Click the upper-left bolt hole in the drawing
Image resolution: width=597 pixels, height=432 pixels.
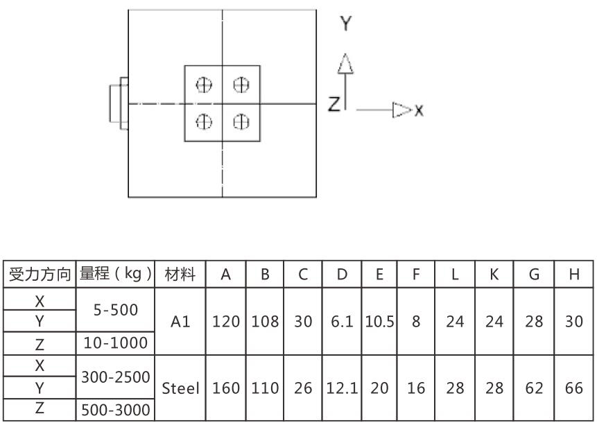[x=204, y=85]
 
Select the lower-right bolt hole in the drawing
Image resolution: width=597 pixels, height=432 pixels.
[x=241, y=122]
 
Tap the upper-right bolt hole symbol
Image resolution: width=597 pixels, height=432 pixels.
[x=241, y=85]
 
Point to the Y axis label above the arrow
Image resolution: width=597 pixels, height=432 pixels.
[x=346, y=24]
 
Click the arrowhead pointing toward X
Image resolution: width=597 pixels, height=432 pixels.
[x=402, y=110]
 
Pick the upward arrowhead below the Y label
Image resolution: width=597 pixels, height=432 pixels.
[x=345, y=63]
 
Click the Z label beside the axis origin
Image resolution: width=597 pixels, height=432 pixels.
[x=334, y=104]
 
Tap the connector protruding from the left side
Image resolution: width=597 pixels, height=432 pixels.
[x=119, y=103]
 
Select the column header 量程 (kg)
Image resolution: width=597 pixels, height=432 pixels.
[x=115, y=274]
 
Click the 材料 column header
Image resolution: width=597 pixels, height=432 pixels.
[x=180, y=274]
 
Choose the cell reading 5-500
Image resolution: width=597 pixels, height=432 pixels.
[x=115, y=310]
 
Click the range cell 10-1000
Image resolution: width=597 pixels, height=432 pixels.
[x=115, y=343]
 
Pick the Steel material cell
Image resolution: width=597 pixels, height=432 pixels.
[x=180, y=388]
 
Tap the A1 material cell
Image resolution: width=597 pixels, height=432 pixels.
[x=180, y=322]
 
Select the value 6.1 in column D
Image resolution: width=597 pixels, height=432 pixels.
[x=342, y=322]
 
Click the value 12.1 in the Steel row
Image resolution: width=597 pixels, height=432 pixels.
[x=342, y=388]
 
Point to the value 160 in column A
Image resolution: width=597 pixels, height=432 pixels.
[x=226, y=388]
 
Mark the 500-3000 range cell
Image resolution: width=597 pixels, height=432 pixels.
[x=115, y=410]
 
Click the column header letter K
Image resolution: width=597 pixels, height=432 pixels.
[x=494, y=274]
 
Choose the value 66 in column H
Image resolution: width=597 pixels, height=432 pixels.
[x=574, y=388]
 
